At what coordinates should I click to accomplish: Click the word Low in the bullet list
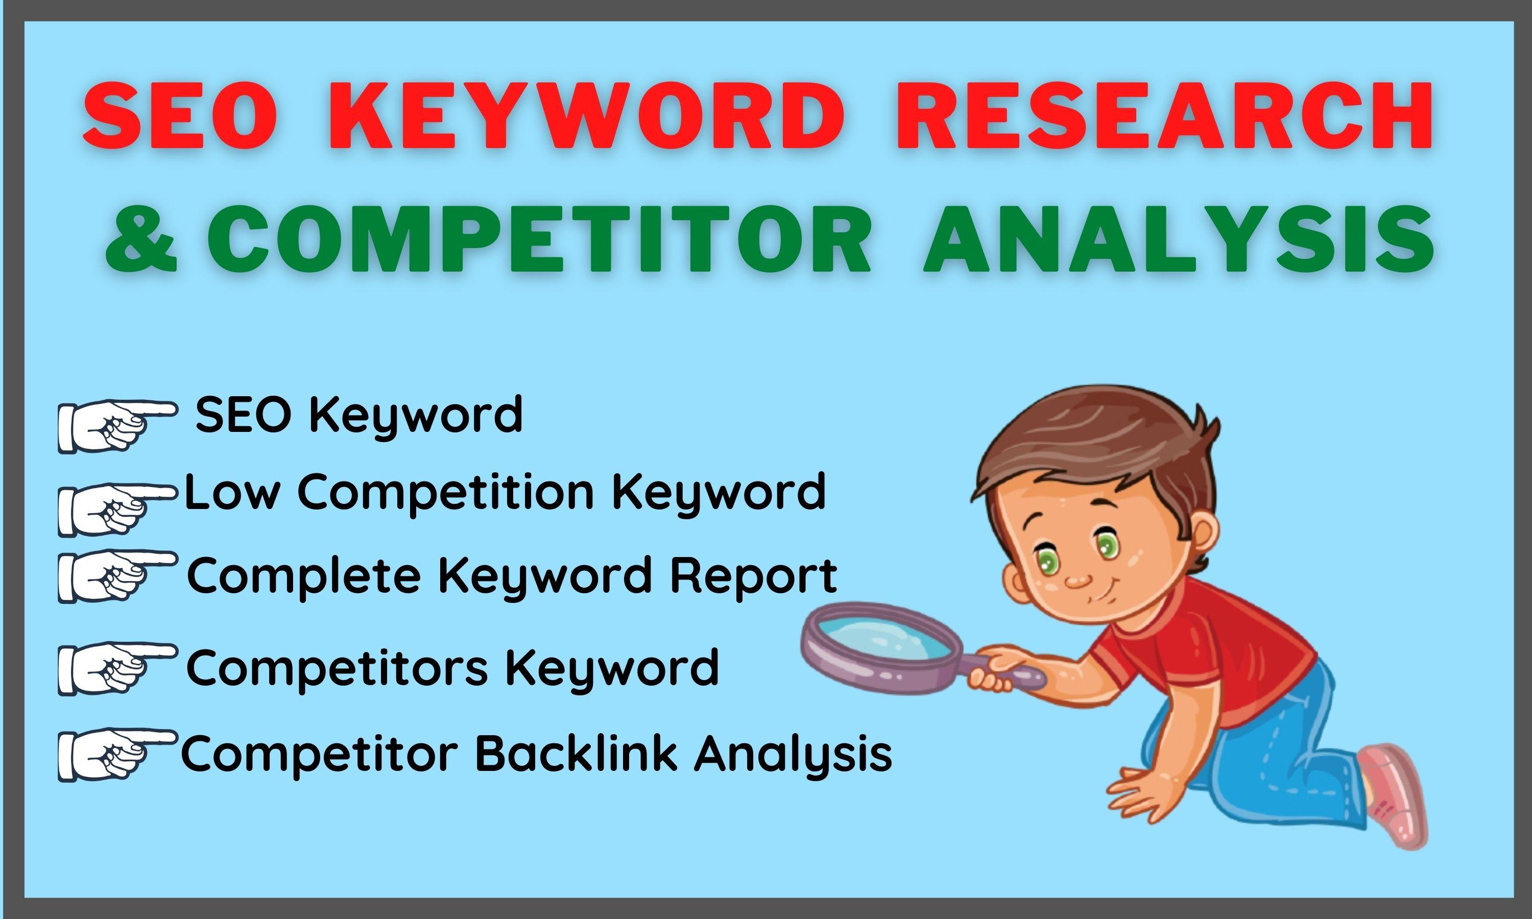click(230, 492)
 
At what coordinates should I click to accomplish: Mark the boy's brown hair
click(1090, 446)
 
